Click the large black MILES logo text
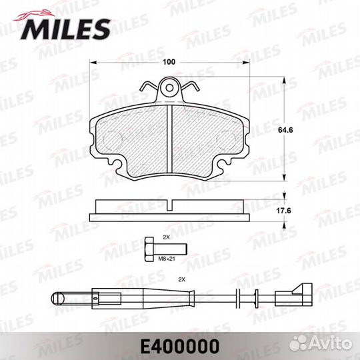(x=67, y=28)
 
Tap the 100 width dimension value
(x=168, y=61)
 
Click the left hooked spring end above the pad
(x=145, y=87)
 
